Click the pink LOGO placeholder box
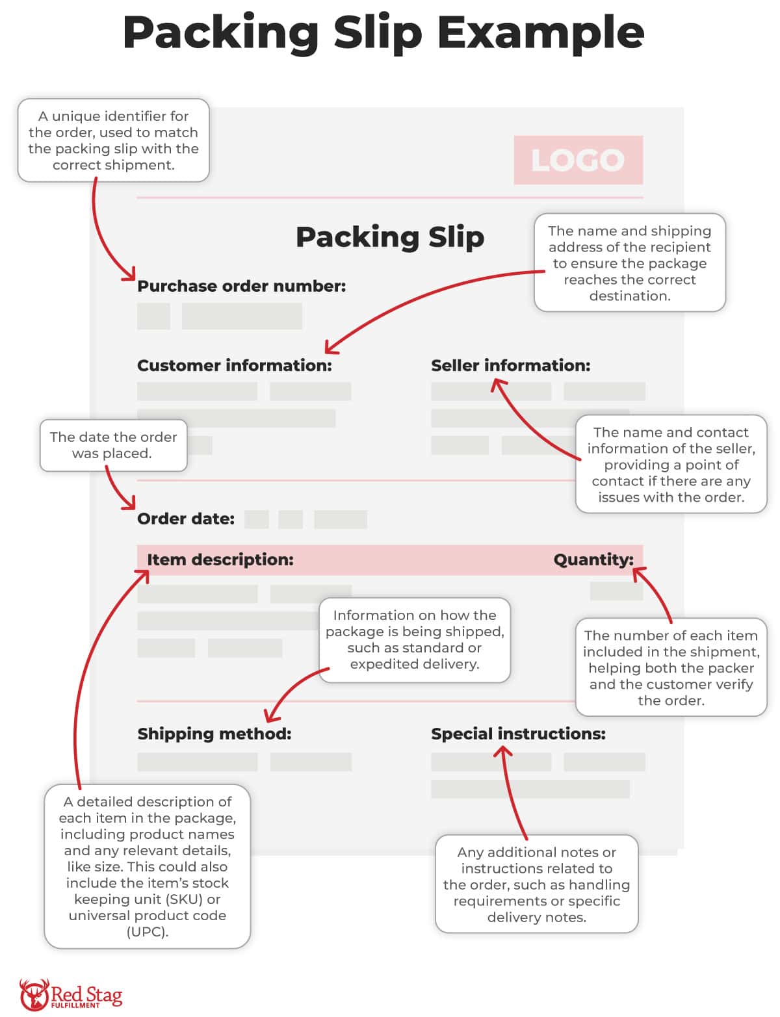click(578, 160)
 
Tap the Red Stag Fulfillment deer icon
click(34, 994)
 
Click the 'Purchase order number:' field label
click(241, 286)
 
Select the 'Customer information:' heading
click(234, 365)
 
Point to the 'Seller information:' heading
click(510, 365)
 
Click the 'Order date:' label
click(186, 519)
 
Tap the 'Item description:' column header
click(220, 560)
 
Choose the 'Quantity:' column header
click(593, 560)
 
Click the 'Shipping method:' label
click(214, 734)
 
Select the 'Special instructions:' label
click(518, 734)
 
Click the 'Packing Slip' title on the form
click(390, 237)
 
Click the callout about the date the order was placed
click(113, 445)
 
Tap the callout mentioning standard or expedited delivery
click(415, 639)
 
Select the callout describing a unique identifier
click(113, 140)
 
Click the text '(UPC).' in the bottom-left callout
click(148, 932)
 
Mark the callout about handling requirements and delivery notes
click(536, 884)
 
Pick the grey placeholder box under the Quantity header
click(616, 591)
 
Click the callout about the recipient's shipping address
click(629, 263)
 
